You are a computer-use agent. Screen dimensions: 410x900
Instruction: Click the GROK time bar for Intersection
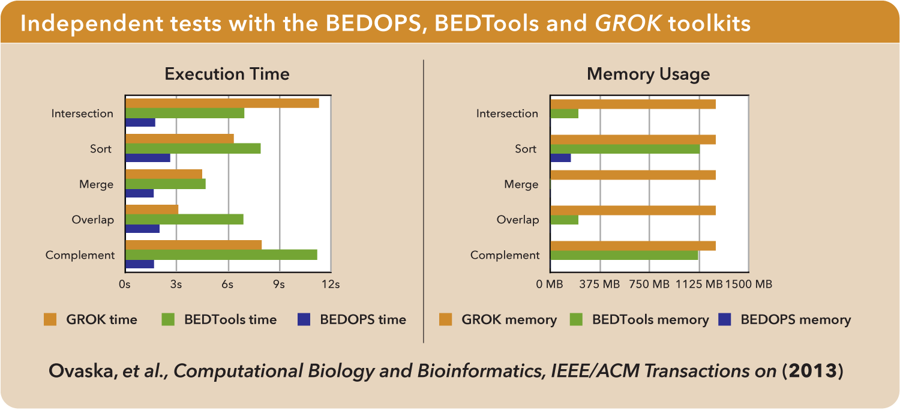(x=222, y=103)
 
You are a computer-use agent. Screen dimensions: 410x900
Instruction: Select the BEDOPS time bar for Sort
(x=148, y=158)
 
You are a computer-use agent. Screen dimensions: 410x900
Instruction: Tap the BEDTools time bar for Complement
(x=221, y=255)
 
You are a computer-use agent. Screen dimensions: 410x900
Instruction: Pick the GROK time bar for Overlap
(x=152, y=210)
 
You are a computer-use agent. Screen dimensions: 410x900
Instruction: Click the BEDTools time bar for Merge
(x=166, y=184)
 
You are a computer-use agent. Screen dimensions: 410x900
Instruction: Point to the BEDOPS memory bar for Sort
(x=560, y=158)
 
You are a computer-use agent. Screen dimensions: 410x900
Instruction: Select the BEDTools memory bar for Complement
(x=624, y=255)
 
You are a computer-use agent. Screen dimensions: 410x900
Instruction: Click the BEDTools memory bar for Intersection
(x=564, y=113)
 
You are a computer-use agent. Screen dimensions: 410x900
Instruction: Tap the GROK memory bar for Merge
(x=633, y=175)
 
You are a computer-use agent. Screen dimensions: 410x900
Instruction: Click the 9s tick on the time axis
(x=279, y=285)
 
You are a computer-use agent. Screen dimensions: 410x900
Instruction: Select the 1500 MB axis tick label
(x=749, y=285)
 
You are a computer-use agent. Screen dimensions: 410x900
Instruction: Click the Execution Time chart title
(x=227, y=74)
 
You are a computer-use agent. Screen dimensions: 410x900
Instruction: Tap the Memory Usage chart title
(x=648, y=74)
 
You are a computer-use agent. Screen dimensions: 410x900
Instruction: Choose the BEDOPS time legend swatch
(x=304, y=319)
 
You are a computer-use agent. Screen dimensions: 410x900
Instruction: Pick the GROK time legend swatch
(x=50, y=319)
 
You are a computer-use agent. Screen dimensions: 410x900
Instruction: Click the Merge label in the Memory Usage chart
(x=521, y=184)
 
